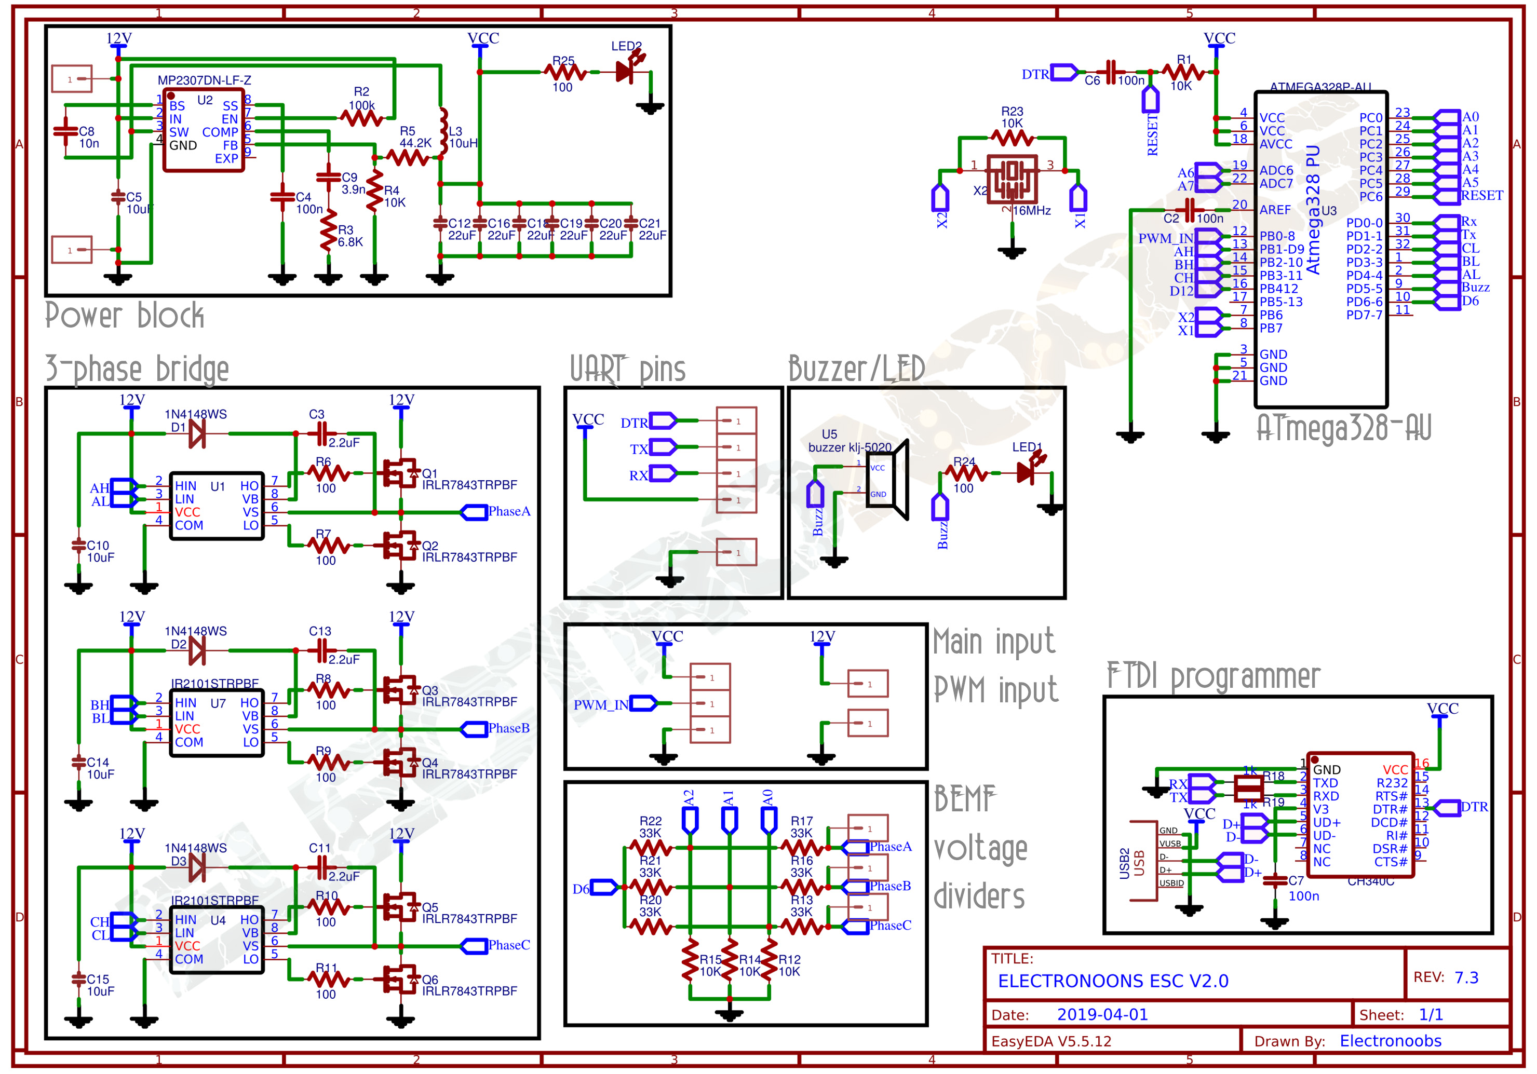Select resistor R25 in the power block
(564, 72)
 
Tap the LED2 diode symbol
(626, 71)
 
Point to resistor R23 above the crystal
(1012, 138)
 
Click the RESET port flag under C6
(1150, 100)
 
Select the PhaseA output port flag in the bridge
(474, 512)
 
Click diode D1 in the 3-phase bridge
(197, 433)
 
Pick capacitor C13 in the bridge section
(321, 650)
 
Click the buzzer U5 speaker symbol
(886, 480)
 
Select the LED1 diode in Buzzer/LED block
(1026, 472)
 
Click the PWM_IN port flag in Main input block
(643, 703)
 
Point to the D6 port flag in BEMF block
(604, 887)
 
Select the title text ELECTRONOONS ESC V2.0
(1113, 981)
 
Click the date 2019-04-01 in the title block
(1102, 1014)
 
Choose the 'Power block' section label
(124, 315)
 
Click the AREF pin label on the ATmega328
(1275, 209)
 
